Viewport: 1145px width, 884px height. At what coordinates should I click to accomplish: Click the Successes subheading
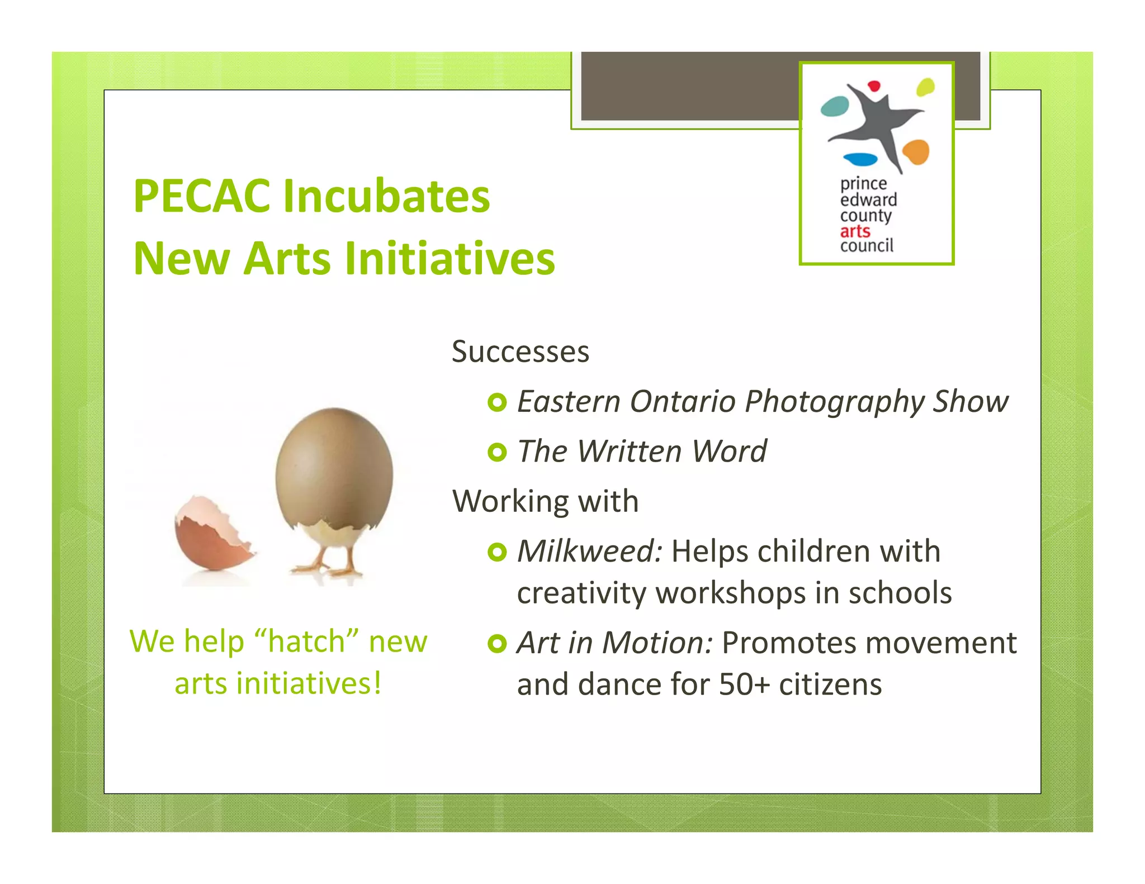coord(520,352)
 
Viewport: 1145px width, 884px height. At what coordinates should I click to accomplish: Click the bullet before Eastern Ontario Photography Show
coord(496,402)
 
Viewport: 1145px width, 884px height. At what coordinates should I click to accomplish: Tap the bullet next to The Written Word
coord(496,452)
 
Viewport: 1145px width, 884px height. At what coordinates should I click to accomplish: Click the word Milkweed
coord(588,552)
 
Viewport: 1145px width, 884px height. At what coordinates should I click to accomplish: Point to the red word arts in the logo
coord(855,231)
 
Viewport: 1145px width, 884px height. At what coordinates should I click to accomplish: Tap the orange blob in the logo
coord(915,152)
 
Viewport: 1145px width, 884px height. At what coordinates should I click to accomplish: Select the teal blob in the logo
coord(834,106)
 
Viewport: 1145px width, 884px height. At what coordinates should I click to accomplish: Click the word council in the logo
coord(866,246)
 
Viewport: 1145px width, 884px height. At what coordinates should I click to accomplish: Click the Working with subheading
coord(545,501)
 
